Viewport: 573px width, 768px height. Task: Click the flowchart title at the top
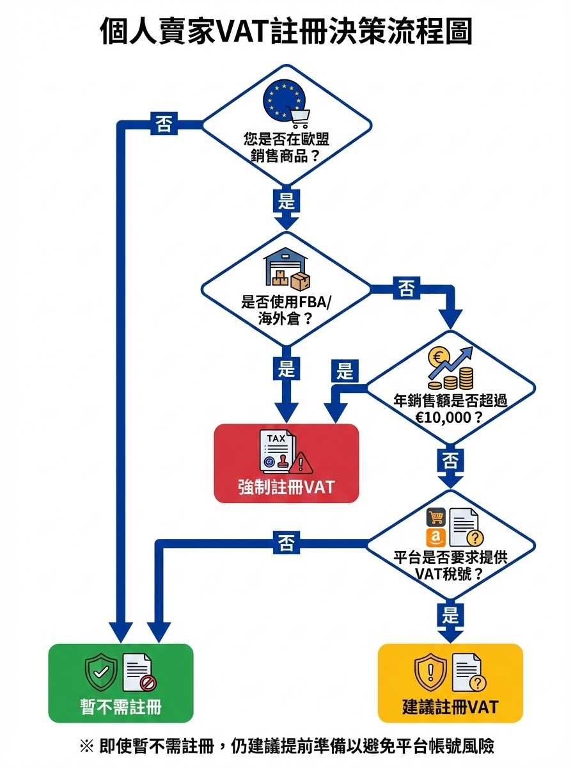click(286, 30)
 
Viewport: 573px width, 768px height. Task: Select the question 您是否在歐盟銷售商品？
click(286, 147)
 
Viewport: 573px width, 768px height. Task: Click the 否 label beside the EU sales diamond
click(163, 124)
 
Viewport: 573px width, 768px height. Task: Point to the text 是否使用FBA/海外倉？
click(286, 310)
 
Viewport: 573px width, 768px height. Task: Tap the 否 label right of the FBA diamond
click(406, 289)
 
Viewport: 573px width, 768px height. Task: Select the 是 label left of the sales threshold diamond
click(345, 371)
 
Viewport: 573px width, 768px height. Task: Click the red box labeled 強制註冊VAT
click(286, 463)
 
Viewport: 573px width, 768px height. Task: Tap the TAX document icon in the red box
click(277, 451)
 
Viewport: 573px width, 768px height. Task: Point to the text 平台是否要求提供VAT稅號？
click(450, 564)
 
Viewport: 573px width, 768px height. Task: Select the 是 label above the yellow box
click(451, 615)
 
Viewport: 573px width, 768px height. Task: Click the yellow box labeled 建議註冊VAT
click(450, 683)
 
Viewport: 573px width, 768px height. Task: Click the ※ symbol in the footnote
click(86, 746)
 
